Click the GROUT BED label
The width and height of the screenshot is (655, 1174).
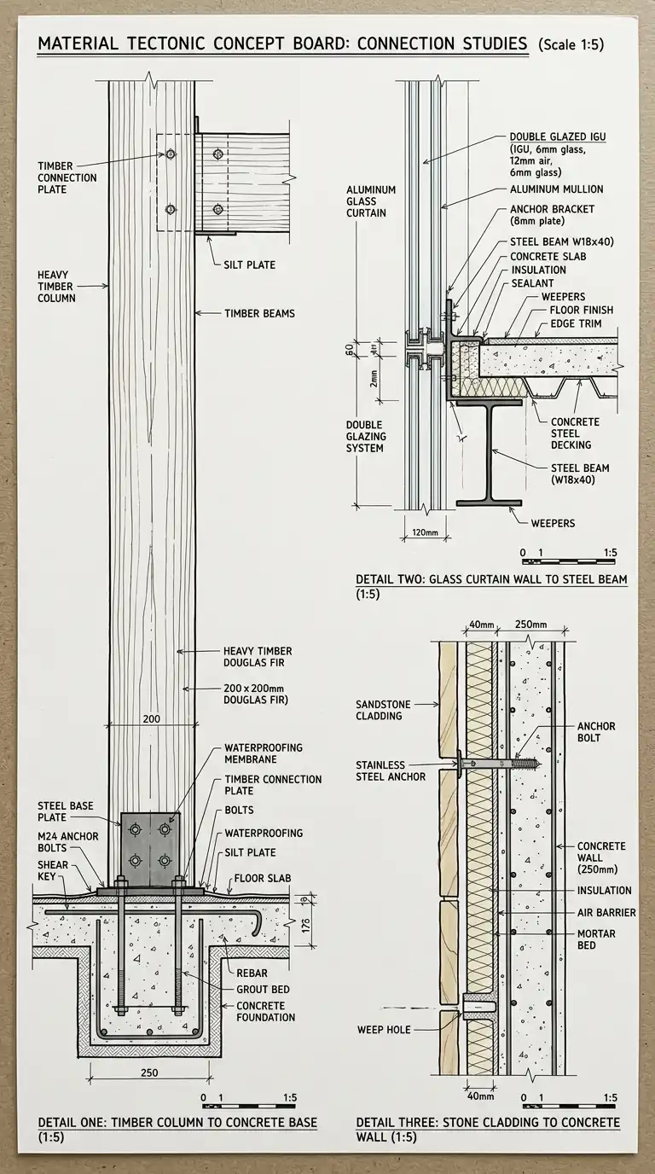[262, 989]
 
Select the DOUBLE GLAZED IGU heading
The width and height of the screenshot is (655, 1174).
[558, 137]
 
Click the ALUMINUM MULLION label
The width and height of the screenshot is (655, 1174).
[556, 189]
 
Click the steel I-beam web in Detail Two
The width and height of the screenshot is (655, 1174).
[490, 452]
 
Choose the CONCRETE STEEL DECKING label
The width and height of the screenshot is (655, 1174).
[575, 433]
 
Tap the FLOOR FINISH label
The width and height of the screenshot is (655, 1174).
[582, 310]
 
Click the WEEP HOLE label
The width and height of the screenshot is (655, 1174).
[383, 1030]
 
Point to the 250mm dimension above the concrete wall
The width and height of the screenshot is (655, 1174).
[531, 625]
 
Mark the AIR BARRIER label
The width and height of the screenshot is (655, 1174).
[606, 913]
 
